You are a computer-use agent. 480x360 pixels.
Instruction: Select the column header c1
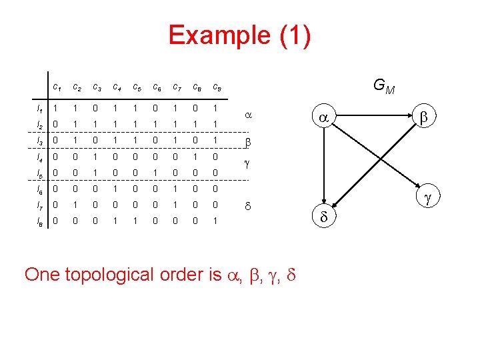click(x=58, y=87)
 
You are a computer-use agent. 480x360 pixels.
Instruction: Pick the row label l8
click(x=40, y=219)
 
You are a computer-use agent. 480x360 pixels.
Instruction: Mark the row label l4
click(x=40, y=155)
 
